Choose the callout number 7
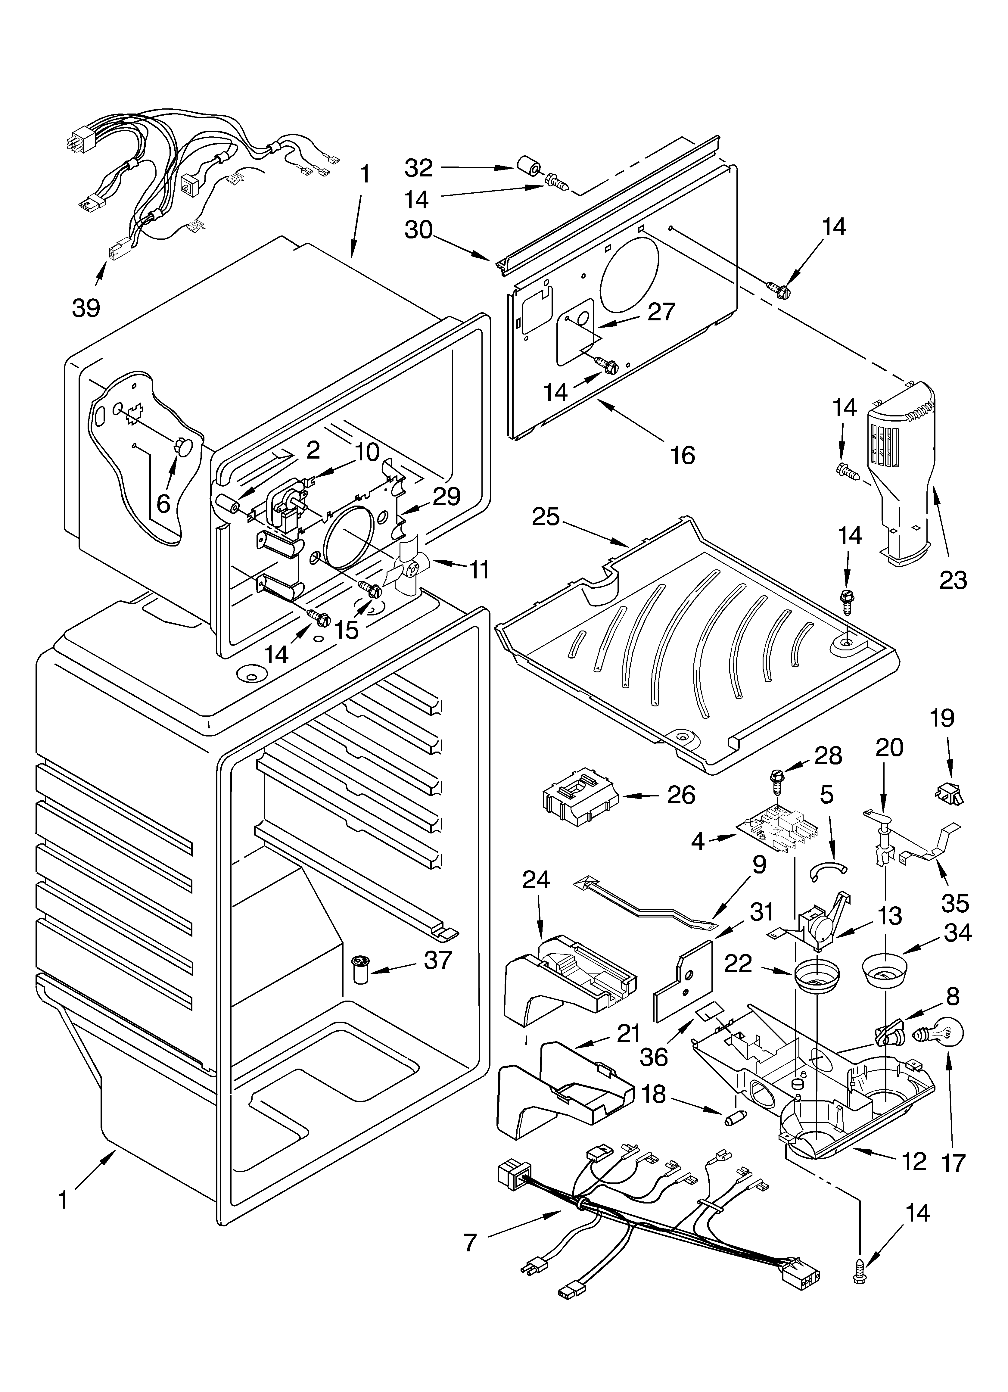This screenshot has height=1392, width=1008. pos(470,1243)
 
